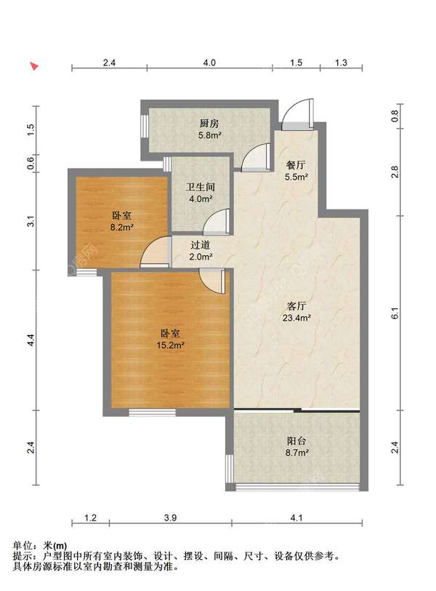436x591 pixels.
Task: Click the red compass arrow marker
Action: (34, 66)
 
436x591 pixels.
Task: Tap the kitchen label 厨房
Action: (209, 124)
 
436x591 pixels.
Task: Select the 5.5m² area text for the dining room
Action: (296, 177)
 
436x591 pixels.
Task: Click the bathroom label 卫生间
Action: (200, 187)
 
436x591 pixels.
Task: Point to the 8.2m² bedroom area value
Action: (122, 228)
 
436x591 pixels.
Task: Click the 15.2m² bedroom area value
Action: (170, 345)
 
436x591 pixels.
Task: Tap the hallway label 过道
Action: (200, 246)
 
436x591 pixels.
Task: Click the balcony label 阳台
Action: (296, 441)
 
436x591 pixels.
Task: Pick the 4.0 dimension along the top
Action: (209, 63)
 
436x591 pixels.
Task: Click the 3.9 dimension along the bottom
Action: (170, 518)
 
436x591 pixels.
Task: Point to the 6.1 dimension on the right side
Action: (395, 313)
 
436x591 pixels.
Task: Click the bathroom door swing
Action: (217, 222)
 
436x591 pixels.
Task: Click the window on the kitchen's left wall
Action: (144, 126)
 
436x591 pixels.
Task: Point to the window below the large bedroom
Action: (153, 413)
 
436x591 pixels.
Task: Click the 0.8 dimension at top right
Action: (395, 116)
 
